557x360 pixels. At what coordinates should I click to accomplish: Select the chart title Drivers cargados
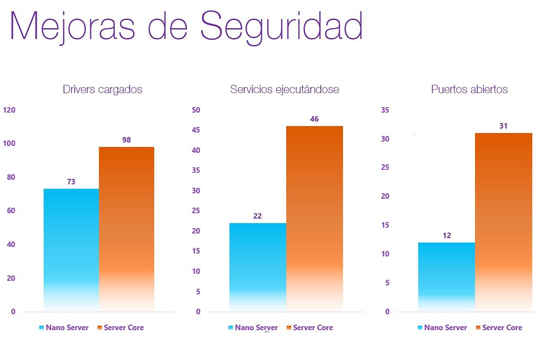(x=102, y=90)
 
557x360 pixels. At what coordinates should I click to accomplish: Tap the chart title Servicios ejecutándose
(x=284, y=90)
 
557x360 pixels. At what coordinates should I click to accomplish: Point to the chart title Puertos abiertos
(x=469, y=90)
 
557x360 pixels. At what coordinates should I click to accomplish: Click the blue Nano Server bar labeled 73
(x=71, y=249)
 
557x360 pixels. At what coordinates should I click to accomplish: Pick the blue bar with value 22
(x=257, y=266)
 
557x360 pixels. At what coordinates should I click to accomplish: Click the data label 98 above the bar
(x=127, y=140)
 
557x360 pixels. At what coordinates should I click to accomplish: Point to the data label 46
(x=314, y=119)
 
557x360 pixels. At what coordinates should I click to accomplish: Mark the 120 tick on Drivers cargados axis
(x=9, y=110)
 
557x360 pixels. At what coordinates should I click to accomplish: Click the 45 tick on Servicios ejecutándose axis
(x=196, y=130)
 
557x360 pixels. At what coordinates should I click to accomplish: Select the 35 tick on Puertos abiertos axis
(x=384, y=110)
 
